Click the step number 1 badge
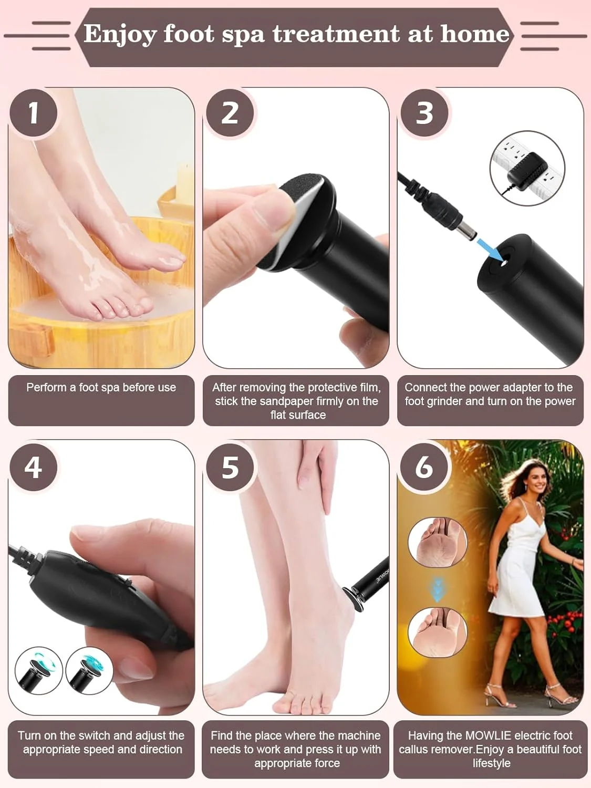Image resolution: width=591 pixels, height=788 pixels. (33, 113)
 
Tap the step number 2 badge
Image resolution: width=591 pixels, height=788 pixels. (230, 113)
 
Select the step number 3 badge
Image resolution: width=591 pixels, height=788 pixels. (424, 113)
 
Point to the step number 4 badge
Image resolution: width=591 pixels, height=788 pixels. (33, 467)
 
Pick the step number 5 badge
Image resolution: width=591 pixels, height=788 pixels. (230, 467)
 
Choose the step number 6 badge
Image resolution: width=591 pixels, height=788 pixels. (424, 467)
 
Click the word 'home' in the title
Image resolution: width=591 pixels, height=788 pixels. (475, 34)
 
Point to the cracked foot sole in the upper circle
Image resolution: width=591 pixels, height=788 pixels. (438, 543)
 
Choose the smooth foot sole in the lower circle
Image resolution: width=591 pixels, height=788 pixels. (438, 633)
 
